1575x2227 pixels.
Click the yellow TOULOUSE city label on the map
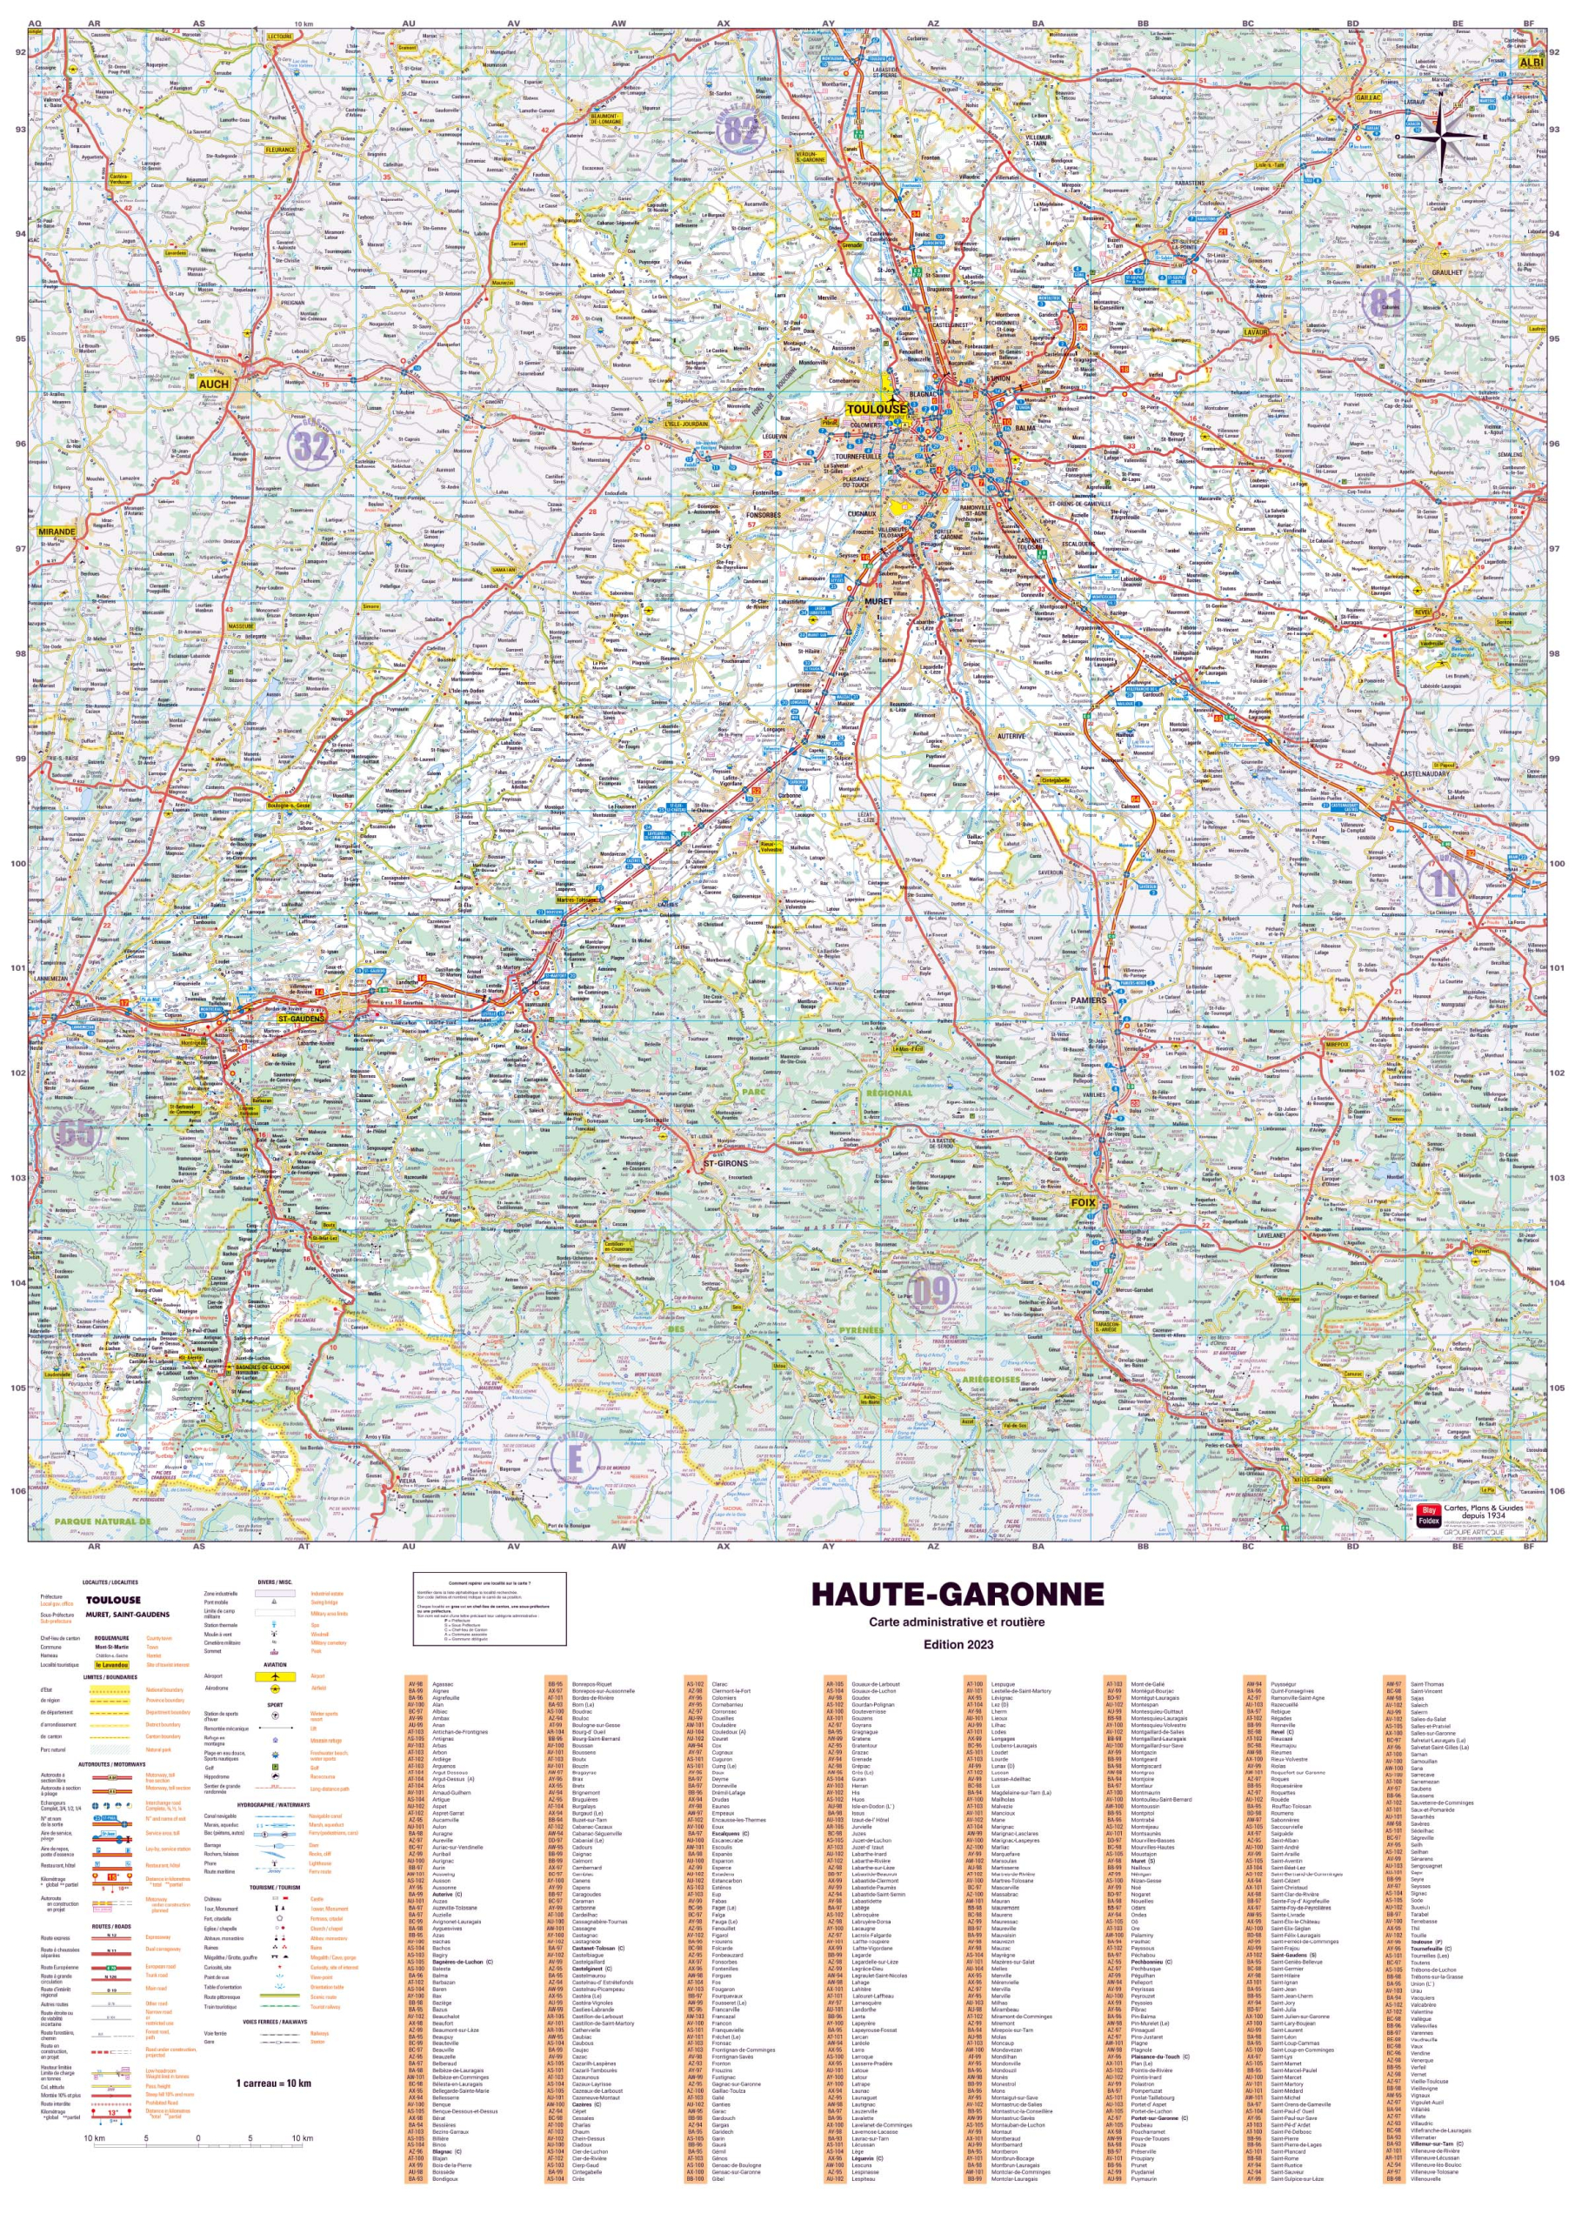(x=877, y=410)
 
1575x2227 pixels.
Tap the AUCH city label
(x=213, y=385)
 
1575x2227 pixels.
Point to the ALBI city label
(x=1531, y=62)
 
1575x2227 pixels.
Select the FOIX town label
(x=1083, y=1203)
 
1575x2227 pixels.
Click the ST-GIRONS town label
(x=725, y=1163)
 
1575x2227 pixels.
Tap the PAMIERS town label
(x=1088, y=1000)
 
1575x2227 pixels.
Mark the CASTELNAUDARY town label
(x=1424, y=774)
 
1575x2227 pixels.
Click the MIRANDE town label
(x=57, y=532)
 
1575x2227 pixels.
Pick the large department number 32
(x=311, y=446)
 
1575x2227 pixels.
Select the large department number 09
(x=931, y=1291)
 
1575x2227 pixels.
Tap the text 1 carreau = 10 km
(x=273, y=2083)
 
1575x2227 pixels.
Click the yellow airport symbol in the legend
(x=276, y=1676)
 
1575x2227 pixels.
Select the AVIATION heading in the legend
(x=275, y=1664)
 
